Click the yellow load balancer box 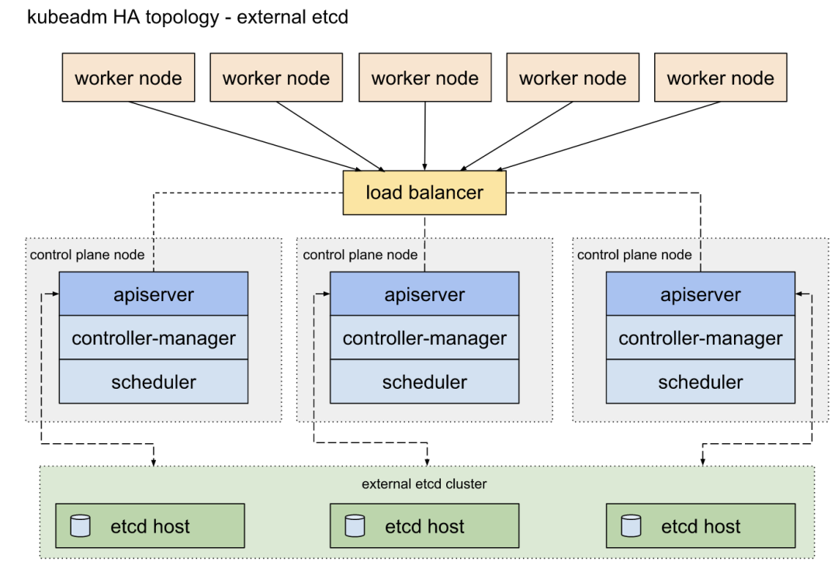pos(424,192)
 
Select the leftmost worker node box pos(128,78)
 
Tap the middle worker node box pos(424,78)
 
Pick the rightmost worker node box pos(720,78)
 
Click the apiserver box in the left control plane pos(154,295)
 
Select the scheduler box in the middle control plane pos(424,382)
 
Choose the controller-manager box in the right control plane pos(700,338)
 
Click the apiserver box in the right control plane pos(700,295)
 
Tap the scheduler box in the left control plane pos(154,382)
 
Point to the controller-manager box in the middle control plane pos(424,338)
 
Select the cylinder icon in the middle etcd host pos(355,526)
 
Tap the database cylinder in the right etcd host pos(631,526)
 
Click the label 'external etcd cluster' pos(424,484)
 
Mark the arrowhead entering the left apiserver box pos(55,295)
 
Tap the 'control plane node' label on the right pos(635,255)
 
